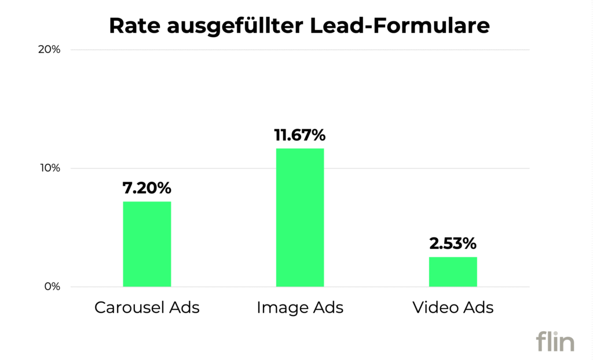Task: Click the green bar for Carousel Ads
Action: coord(147,244)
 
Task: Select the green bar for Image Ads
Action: coord(300,217)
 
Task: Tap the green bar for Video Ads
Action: coord(453,271)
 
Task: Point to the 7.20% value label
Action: coord(147,188)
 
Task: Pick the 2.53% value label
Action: coord(453,244)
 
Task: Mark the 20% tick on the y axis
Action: coord(49,50)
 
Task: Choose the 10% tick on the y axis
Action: coord(49,168)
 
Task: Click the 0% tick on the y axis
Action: coord(52,287)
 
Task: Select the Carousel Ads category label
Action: coord(147,307)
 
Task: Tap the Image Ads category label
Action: coord(300,307)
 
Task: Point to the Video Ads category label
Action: coord(453,307)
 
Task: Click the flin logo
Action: coord(555,341)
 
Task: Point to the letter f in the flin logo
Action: coord(541,340)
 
